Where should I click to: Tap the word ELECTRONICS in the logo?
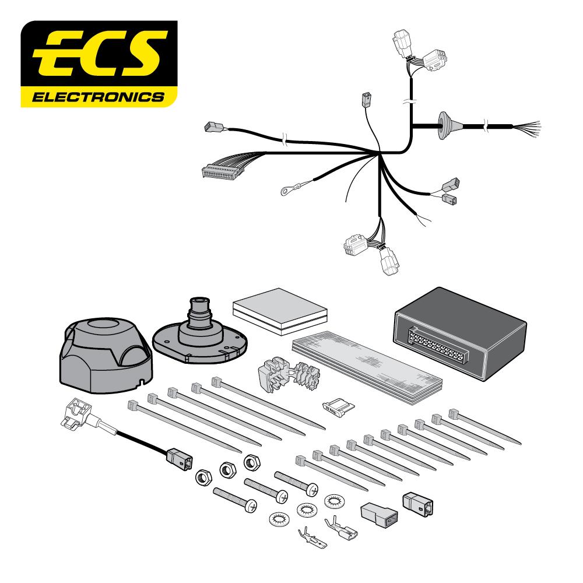pyautogui.click(x=99, y=96)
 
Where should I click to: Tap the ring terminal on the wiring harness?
pyautogui.click(x=287, y=188)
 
